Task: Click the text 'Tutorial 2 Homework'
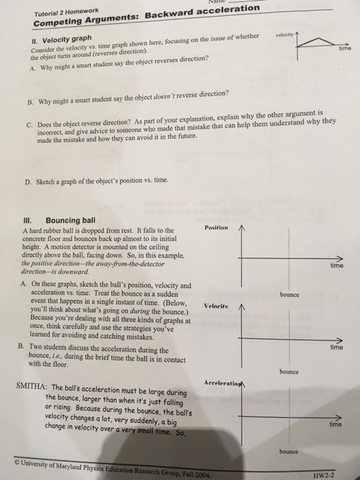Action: coord(56,10)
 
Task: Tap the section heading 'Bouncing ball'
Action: coord(69,221)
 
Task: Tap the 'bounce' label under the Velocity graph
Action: coord(289,372)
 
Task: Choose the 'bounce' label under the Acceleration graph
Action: coord(289,452)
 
